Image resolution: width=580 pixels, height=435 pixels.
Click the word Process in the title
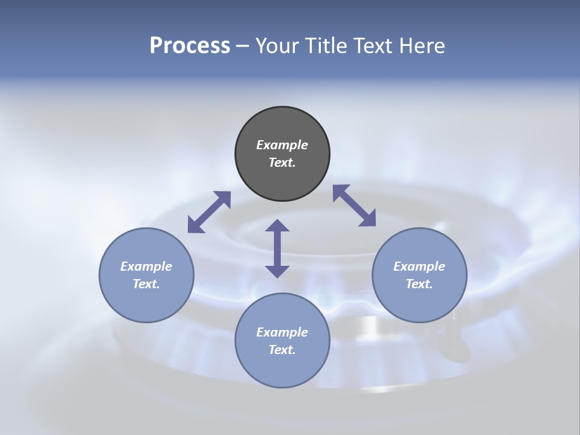[x=190, y=46]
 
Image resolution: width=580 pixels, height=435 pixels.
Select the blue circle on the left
[x=146, y=302]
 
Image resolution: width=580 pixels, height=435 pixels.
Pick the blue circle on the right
[x=419, y=302]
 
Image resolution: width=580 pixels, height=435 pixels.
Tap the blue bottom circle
[x=282, y=369]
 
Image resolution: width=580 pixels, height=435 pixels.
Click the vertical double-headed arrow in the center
[x=277, y=248]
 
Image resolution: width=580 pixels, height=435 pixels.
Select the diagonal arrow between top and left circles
[x=209, y=212]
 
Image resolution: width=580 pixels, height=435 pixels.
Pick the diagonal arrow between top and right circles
[x=355, y=205]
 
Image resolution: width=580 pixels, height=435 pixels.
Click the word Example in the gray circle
[x=282, y=145]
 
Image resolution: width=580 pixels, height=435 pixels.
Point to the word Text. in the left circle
[x=146, y=284]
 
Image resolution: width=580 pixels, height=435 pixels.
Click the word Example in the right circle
[x=419, y=266]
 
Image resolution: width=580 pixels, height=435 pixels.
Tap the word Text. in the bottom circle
[x=282, y=350]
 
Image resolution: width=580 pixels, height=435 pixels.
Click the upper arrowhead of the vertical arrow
[x=277, y=225]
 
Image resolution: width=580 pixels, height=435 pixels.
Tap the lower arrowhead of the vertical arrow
[x=277, y=271]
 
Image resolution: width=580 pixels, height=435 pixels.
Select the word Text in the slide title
[x=372, y=46]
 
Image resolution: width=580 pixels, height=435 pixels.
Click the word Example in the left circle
[x=146, y=266]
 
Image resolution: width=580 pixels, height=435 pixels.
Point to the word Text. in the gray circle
[x=282, y=163]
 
